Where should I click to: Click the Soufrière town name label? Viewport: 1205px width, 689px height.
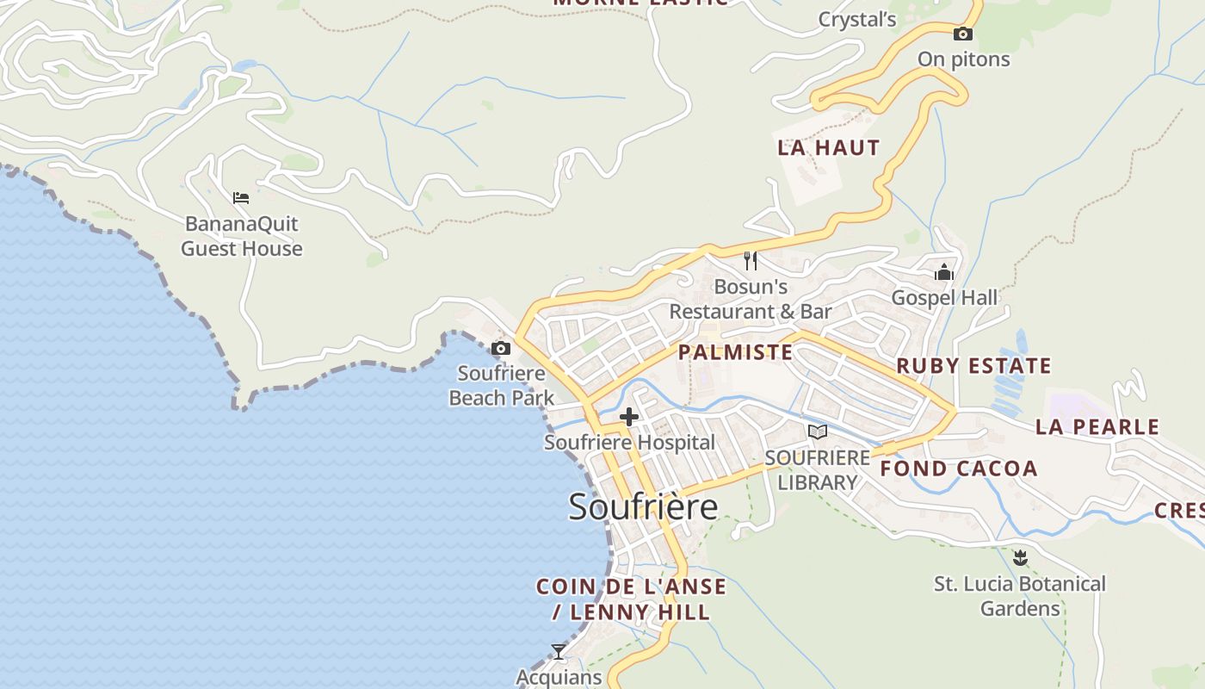[x=643, y=506]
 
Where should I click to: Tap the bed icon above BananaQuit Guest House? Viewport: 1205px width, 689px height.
[x=241, y=198]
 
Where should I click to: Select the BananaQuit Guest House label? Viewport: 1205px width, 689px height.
[x=242, y=236]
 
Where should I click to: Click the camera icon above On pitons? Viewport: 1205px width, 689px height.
[x=963, y=34]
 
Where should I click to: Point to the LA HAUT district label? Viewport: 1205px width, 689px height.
[x=829, y=147]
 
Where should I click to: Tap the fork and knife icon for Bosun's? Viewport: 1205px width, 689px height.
[x=751, y=260]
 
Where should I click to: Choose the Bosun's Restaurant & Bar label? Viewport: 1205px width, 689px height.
[x=751, y=299]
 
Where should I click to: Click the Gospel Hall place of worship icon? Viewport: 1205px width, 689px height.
[x=944, y=273]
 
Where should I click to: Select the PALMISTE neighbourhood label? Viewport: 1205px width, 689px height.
[x=735, y=352]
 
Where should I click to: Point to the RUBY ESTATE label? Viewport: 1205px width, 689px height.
[x=973, y=366]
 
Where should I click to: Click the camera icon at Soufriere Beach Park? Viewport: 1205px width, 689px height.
[x=500, y=349]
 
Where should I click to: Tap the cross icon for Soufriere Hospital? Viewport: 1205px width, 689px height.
[x=629, y=418]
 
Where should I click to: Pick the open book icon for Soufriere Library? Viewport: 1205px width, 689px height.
[x=817, y=431]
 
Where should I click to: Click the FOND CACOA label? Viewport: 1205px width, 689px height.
[x=959, y=469]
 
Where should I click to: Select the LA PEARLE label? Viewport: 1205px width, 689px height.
[x=1097, y=426]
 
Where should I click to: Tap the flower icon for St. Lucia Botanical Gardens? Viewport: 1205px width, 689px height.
[x=1020, y=558]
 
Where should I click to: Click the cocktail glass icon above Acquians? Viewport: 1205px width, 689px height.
[x=559, y=652]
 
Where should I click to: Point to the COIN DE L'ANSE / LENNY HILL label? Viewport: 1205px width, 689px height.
[x=631, y=599]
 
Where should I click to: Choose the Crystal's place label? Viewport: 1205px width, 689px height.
[x=857, y=20]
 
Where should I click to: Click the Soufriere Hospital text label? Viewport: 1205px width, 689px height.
[x=629, y=443]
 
